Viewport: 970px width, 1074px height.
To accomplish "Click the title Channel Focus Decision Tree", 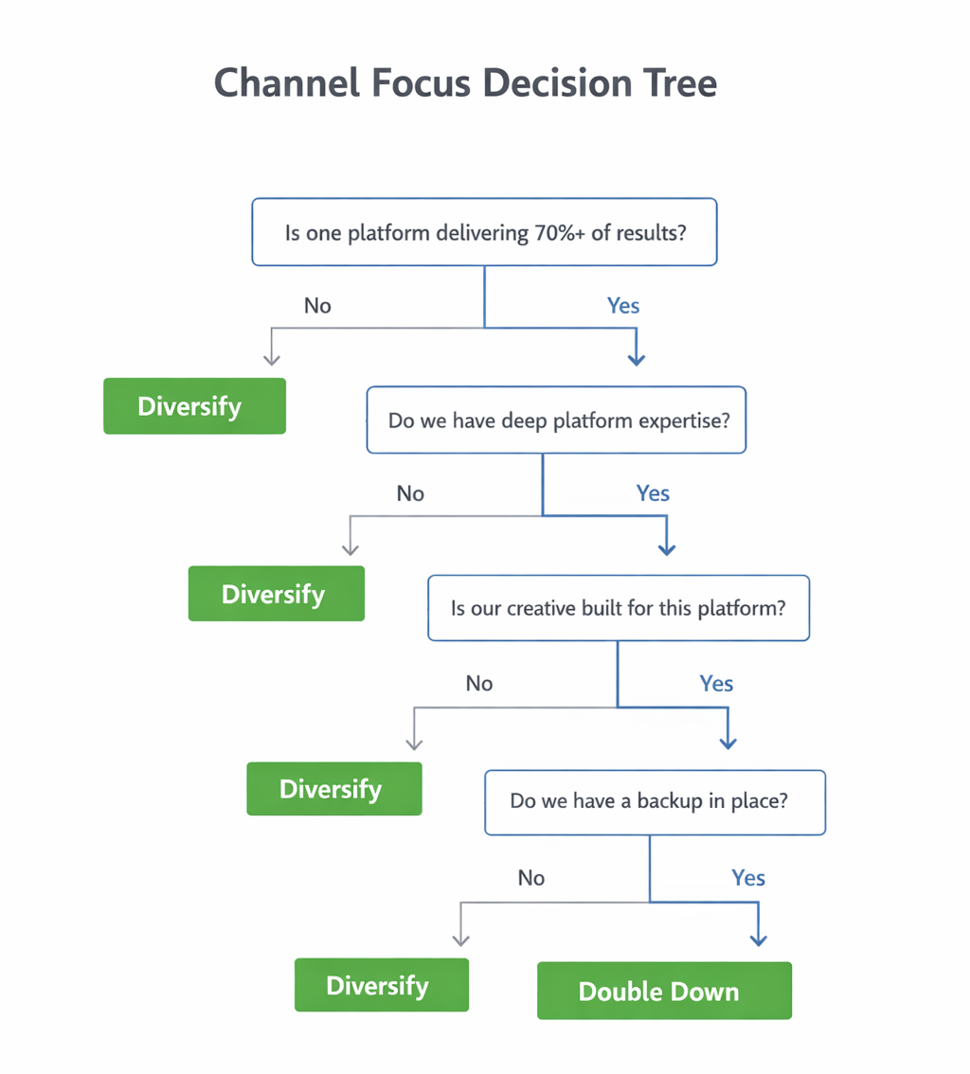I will coord(465,83).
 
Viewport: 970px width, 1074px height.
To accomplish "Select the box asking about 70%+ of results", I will coord(484,232).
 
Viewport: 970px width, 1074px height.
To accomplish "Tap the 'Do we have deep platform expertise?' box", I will coord(556,420).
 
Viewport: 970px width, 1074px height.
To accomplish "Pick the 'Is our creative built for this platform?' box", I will coord(619,608).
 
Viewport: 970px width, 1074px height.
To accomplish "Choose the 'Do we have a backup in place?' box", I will coord(655,801).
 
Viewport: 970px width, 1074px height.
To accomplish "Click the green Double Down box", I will coord(663,991).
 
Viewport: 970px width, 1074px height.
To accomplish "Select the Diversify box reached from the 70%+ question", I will coord(194,406).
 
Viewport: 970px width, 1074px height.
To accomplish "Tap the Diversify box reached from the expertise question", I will coord(276,594).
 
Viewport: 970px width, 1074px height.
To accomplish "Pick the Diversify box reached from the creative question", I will coord(333,788).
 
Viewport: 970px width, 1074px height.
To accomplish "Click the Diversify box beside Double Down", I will coord(381,985).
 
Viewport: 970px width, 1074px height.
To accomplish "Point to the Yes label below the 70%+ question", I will coord(622,306).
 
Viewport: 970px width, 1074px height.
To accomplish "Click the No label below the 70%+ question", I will coord(317,306).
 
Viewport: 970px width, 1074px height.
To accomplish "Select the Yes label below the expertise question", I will coord(653,493).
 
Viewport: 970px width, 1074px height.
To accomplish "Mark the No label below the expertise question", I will coord(410,493).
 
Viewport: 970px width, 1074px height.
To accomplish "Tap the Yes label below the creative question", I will coord(716,684).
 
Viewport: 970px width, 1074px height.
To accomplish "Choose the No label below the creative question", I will coord(479,684).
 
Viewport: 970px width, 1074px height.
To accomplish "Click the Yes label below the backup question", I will coord(747,878).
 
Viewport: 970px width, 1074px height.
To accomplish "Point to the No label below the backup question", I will coord(531,878).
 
